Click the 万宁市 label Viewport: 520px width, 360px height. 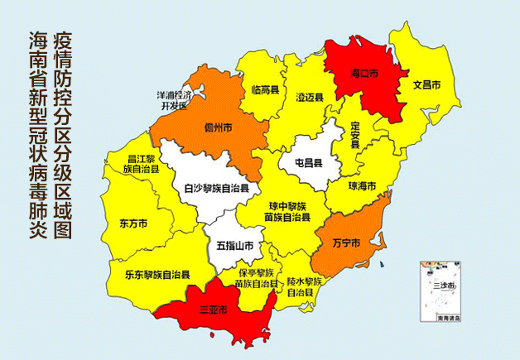pos(345,243)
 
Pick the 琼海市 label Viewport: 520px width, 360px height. pos(362,186)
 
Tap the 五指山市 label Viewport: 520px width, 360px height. pos(235,246)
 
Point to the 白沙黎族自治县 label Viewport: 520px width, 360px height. pos(216,189)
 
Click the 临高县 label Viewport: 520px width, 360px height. pos(264,89)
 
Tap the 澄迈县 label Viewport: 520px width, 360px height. pos(310,97)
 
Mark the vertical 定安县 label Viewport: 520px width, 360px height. pos(354,135)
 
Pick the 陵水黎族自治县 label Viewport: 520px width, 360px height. pos(305,287)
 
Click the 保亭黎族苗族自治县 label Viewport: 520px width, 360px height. pos(256,278)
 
